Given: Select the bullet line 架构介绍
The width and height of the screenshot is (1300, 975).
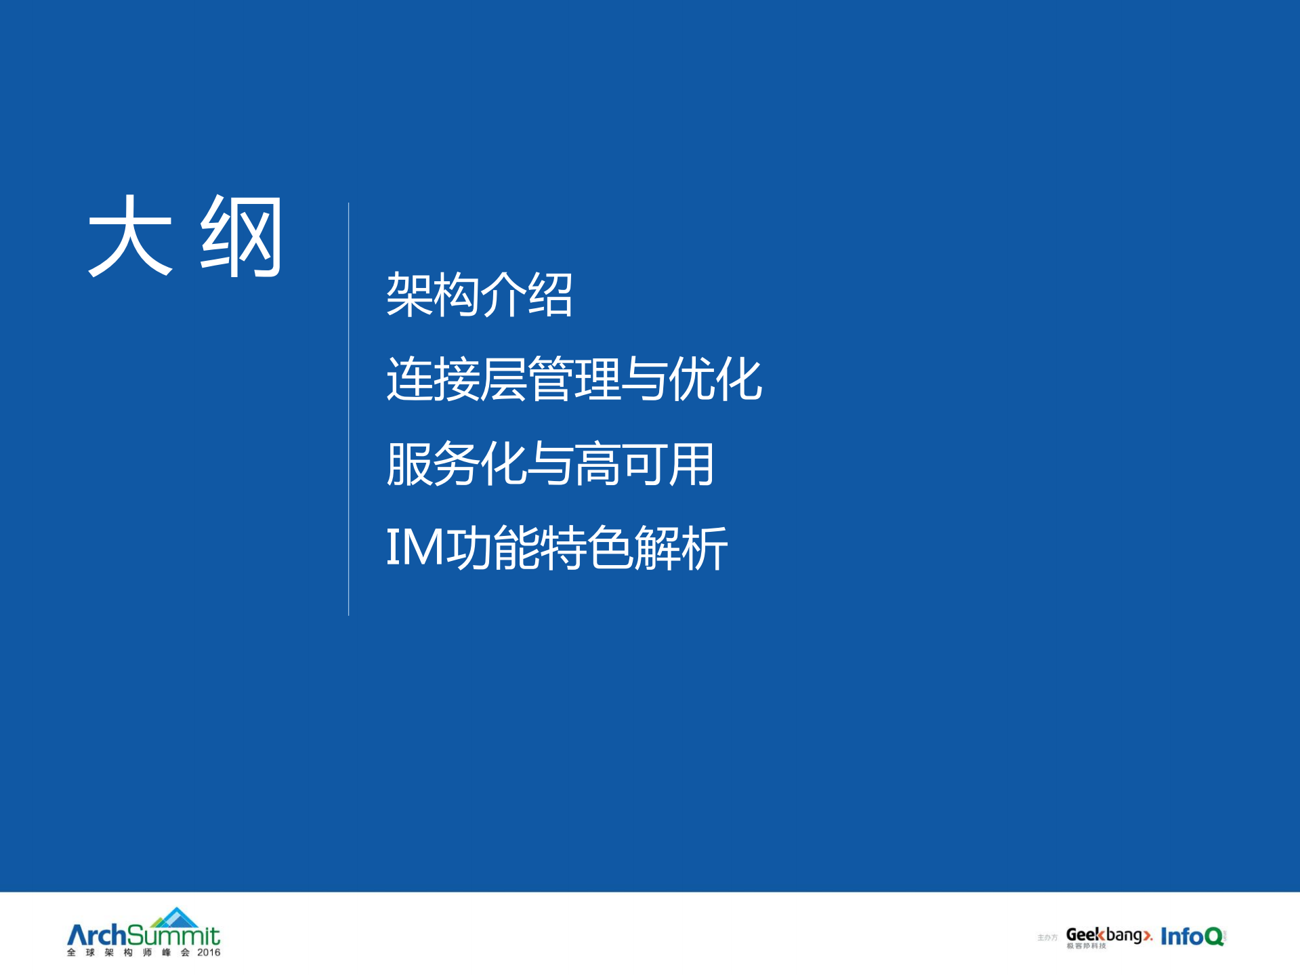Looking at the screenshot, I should click(x=479, y=295).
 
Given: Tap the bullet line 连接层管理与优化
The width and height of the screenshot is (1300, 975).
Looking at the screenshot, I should click(x=574, y=379).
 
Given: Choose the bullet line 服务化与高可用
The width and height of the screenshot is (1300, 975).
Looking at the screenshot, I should click(x=549, y=464).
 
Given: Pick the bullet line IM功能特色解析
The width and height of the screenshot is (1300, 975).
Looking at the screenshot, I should click(x=556, y=547).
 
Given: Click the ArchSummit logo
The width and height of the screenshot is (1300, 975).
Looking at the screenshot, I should click(x=144, y=935).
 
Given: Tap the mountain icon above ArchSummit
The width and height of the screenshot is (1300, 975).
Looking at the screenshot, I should click(x=175, y=917).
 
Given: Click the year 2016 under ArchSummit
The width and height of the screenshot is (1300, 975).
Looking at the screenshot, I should click(x=209, y=953).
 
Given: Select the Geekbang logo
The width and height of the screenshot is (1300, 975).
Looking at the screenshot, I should click(x=1108, y=936).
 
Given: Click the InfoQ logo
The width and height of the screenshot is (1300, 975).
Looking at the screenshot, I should click(x=1192, y=936).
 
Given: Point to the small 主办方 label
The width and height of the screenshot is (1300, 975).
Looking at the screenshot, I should click(x=1047, y=938).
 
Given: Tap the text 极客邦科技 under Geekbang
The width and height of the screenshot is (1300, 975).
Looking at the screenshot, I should click(x=1086, y=946).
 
